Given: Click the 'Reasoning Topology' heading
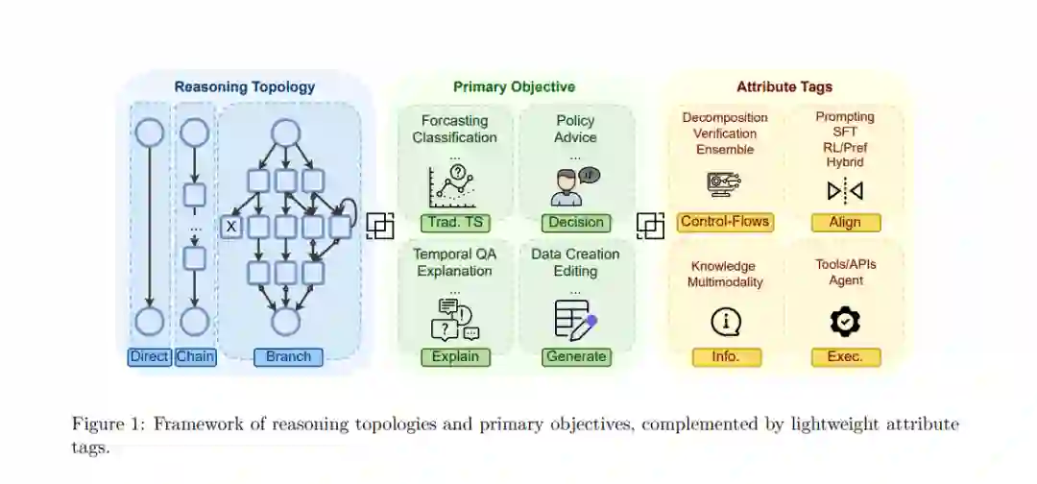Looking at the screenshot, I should [244, 87].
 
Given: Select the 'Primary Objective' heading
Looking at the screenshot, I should [514, 87].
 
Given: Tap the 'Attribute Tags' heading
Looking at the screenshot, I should [784, 87].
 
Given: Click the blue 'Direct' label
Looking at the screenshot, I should [149, 357].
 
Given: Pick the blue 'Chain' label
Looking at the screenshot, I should [195, 357].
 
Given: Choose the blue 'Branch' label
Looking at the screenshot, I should [288, 357].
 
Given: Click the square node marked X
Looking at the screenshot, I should [230, 227].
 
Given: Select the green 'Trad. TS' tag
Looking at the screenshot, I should [455, 223].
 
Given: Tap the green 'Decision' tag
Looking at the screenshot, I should [576, 223].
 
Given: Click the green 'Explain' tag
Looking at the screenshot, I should [455, 357].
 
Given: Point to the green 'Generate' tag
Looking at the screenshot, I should [576, 357].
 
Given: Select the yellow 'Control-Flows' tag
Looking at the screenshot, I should [725, 222].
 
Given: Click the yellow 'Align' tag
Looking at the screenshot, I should [845, 223].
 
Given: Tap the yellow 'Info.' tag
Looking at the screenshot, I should [726, 357].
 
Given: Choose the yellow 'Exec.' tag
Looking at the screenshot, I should [845, 357].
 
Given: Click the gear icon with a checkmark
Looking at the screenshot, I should [845, 322].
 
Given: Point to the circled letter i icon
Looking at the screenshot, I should [726, 322].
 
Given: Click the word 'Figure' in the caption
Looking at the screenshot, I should [96, 424].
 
